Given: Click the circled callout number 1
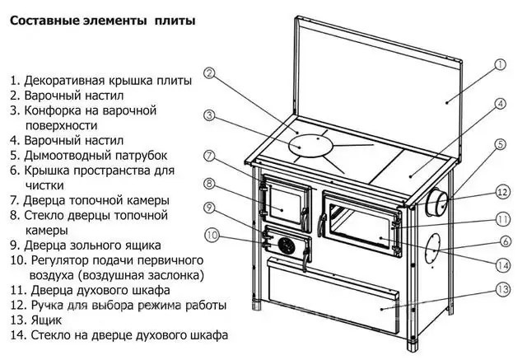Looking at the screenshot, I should pyautogui.click(x=501, y=65).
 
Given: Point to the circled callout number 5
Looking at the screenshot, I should pyautogui.click(x=501, y=146).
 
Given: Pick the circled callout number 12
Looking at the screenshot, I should pyautogui.click(x=503, y=192).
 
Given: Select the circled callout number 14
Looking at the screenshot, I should pyautogui.click(x=503, y=264).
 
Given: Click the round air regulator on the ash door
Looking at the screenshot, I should pyautogui.click(x=285, y=245).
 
